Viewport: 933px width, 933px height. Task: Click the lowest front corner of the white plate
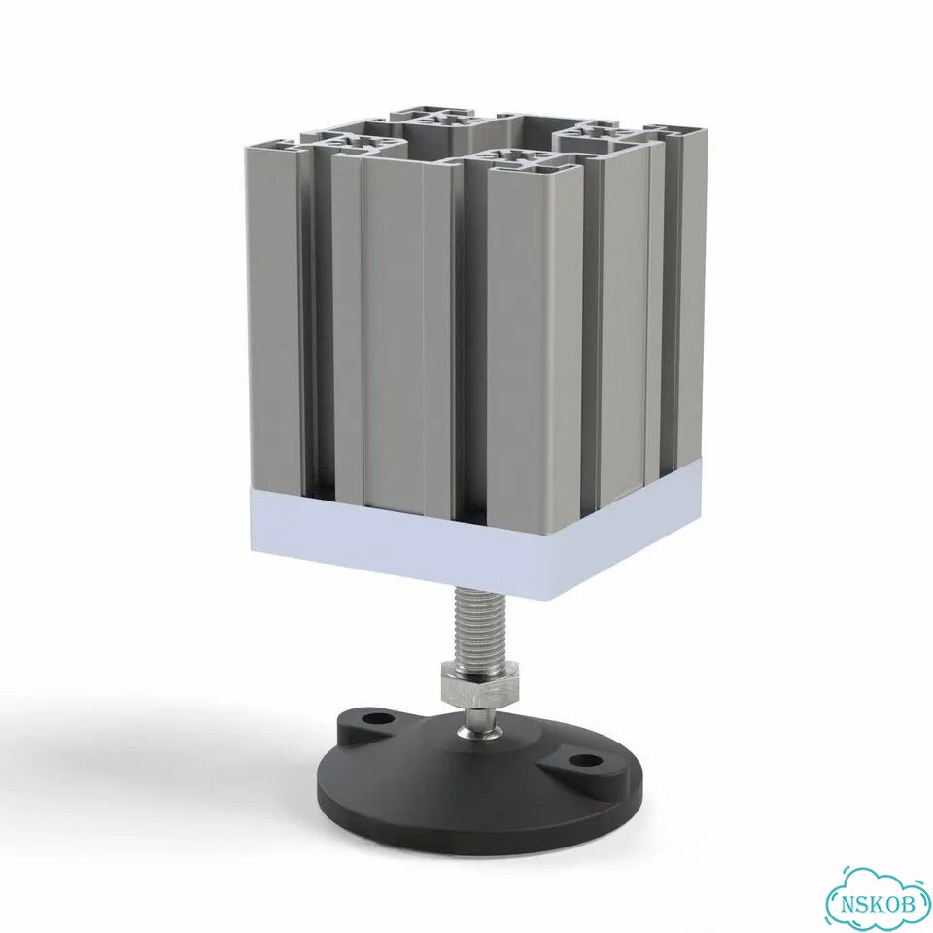pyautogui.click(x=560, y=597)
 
